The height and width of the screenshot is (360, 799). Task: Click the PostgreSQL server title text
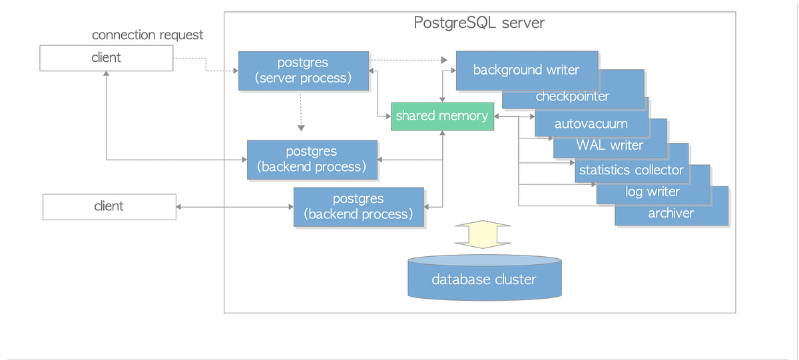[479, 23]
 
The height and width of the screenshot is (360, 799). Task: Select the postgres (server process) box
[304, 71]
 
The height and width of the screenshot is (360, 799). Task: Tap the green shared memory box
[441, 116]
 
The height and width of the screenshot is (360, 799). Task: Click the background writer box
[526, 70]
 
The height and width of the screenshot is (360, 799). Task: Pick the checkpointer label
[573, 97]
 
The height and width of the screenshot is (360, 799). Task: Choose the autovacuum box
[591, 124]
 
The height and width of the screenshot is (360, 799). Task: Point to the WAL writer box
[609, 145]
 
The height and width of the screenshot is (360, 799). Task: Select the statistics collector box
[631, 170]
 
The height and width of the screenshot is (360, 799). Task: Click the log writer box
[652, 192]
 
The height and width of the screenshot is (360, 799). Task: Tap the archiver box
[670, 213]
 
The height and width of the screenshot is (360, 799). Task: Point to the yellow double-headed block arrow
[483, 235]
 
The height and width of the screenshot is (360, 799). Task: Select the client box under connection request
[106, 58]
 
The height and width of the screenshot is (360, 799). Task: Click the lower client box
[109, 206]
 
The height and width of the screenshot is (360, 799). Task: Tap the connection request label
[147, 35]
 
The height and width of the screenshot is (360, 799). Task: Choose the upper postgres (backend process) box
[312, 159]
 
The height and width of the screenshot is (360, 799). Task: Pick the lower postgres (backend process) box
[358, 206]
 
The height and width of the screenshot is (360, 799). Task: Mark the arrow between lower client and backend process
[234, 207]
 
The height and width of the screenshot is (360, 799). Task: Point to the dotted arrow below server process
[301, 110]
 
